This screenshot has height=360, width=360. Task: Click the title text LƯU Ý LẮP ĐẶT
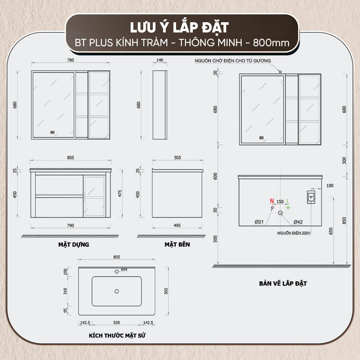pyautogui.click(x=179, y=28)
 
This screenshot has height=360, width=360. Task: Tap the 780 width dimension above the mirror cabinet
pyautogui.click(x=70, y=60)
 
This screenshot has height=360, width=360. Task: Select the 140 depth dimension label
pyautogui.click(x=160, y=60)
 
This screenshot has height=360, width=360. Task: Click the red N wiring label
pyautogui.click(x=272, y=201)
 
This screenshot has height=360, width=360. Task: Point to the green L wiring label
pyautogui.click(x=288, y=201)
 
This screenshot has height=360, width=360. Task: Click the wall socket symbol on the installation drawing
pyautogui.click(x=311, y=197)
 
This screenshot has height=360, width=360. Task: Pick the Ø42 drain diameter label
pyautogui.click(x=298, y=222)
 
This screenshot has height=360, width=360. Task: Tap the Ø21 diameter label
pyautogui.click(x=259, y=222)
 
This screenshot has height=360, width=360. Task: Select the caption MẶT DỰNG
pyautogui.click(x=74, y=244)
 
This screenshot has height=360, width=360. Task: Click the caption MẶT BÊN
pyautogui.click(x=177, y=244)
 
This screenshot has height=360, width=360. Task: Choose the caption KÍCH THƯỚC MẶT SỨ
pyautogui.click(x=117, y=336)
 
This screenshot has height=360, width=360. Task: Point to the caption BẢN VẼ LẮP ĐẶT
pyautogui.click(x=283, y=283)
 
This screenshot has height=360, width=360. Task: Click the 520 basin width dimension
pyautogui.click(x=117, y=323)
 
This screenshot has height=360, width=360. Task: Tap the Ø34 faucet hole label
pyautogui.click(x=124, y=269)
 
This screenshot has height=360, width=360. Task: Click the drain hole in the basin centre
pyautogui.click(x=117, y=291)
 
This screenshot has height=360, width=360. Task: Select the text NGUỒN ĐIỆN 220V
pyautogui.click(x=294, y=233)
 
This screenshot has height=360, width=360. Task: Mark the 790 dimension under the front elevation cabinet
pyautogui.click(x=70, y=225)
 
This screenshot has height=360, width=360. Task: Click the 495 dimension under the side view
pyautogui.click(x=177, y=225)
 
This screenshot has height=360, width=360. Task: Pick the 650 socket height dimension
pyautogui.click(x=331, y=231)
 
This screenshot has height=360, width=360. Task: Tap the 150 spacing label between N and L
pyautogui.click(x=280, y=202)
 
